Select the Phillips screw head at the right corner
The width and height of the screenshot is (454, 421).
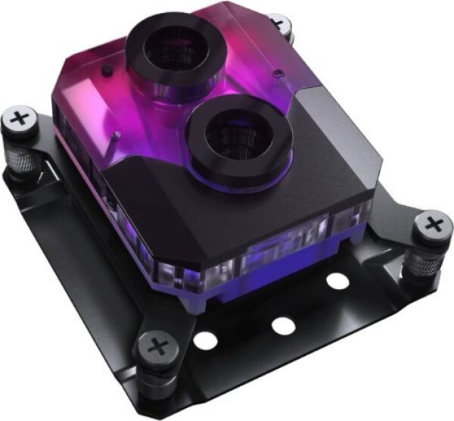pos(434,224)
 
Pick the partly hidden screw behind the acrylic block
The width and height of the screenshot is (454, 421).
pos(282,24)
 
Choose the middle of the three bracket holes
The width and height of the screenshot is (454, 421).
pos(282,326)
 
